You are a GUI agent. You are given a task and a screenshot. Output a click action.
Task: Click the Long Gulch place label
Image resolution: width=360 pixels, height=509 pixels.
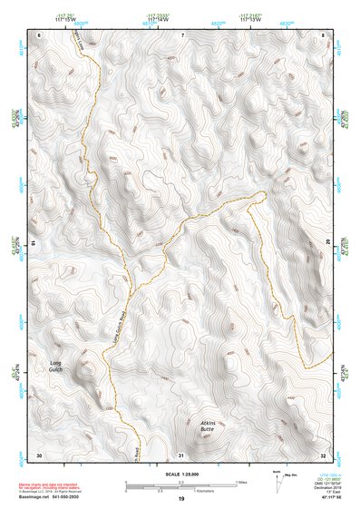[56, 367]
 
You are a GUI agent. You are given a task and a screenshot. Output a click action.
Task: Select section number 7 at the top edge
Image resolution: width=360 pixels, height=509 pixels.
[181, 34]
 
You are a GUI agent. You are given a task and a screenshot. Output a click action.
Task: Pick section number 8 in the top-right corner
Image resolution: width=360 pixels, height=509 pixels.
[324, 34]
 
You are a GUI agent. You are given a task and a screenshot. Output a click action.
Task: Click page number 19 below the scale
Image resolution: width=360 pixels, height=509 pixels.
[181, 500]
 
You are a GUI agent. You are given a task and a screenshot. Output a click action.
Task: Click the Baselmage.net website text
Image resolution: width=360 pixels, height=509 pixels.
[35, 497]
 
